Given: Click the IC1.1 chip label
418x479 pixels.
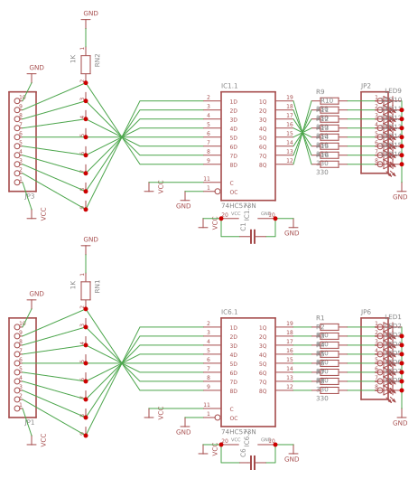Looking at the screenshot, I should point(230,86).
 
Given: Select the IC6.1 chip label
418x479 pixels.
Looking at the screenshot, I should point(230,312).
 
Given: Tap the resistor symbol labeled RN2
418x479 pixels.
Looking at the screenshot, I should point(86,63).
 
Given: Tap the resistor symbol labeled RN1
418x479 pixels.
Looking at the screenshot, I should point(86,289).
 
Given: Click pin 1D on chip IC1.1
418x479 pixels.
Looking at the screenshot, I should point(233,101).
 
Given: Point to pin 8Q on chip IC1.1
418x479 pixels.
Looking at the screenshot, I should point(263,164).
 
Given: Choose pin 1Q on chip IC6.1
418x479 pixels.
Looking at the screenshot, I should point(263,327).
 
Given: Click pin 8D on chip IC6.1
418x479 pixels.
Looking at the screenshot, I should point(233,390).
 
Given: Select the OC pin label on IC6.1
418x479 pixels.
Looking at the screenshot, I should point(234,418).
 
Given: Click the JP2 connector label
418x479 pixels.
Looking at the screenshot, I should point(366,86).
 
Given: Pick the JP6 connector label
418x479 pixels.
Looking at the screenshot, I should point(366,312).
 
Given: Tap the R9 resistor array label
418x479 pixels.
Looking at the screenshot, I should point(320,91).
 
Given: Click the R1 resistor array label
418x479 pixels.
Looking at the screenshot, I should point(320,317).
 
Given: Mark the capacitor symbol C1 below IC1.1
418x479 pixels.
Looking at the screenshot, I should point(254,235).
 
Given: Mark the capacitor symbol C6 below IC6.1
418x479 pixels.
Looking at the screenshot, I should point(254,461).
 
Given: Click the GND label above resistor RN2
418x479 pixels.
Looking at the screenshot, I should point(90,14).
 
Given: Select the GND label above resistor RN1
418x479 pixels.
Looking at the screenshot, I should point(90,239).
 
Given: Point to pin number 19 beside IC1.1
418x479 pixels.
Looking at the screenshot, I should point(289,97).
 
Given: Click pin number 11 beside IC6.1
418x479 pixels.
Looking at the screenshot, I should point(207,405).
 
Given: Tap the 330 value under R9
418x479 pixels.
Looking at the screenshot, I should point(321,172).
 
